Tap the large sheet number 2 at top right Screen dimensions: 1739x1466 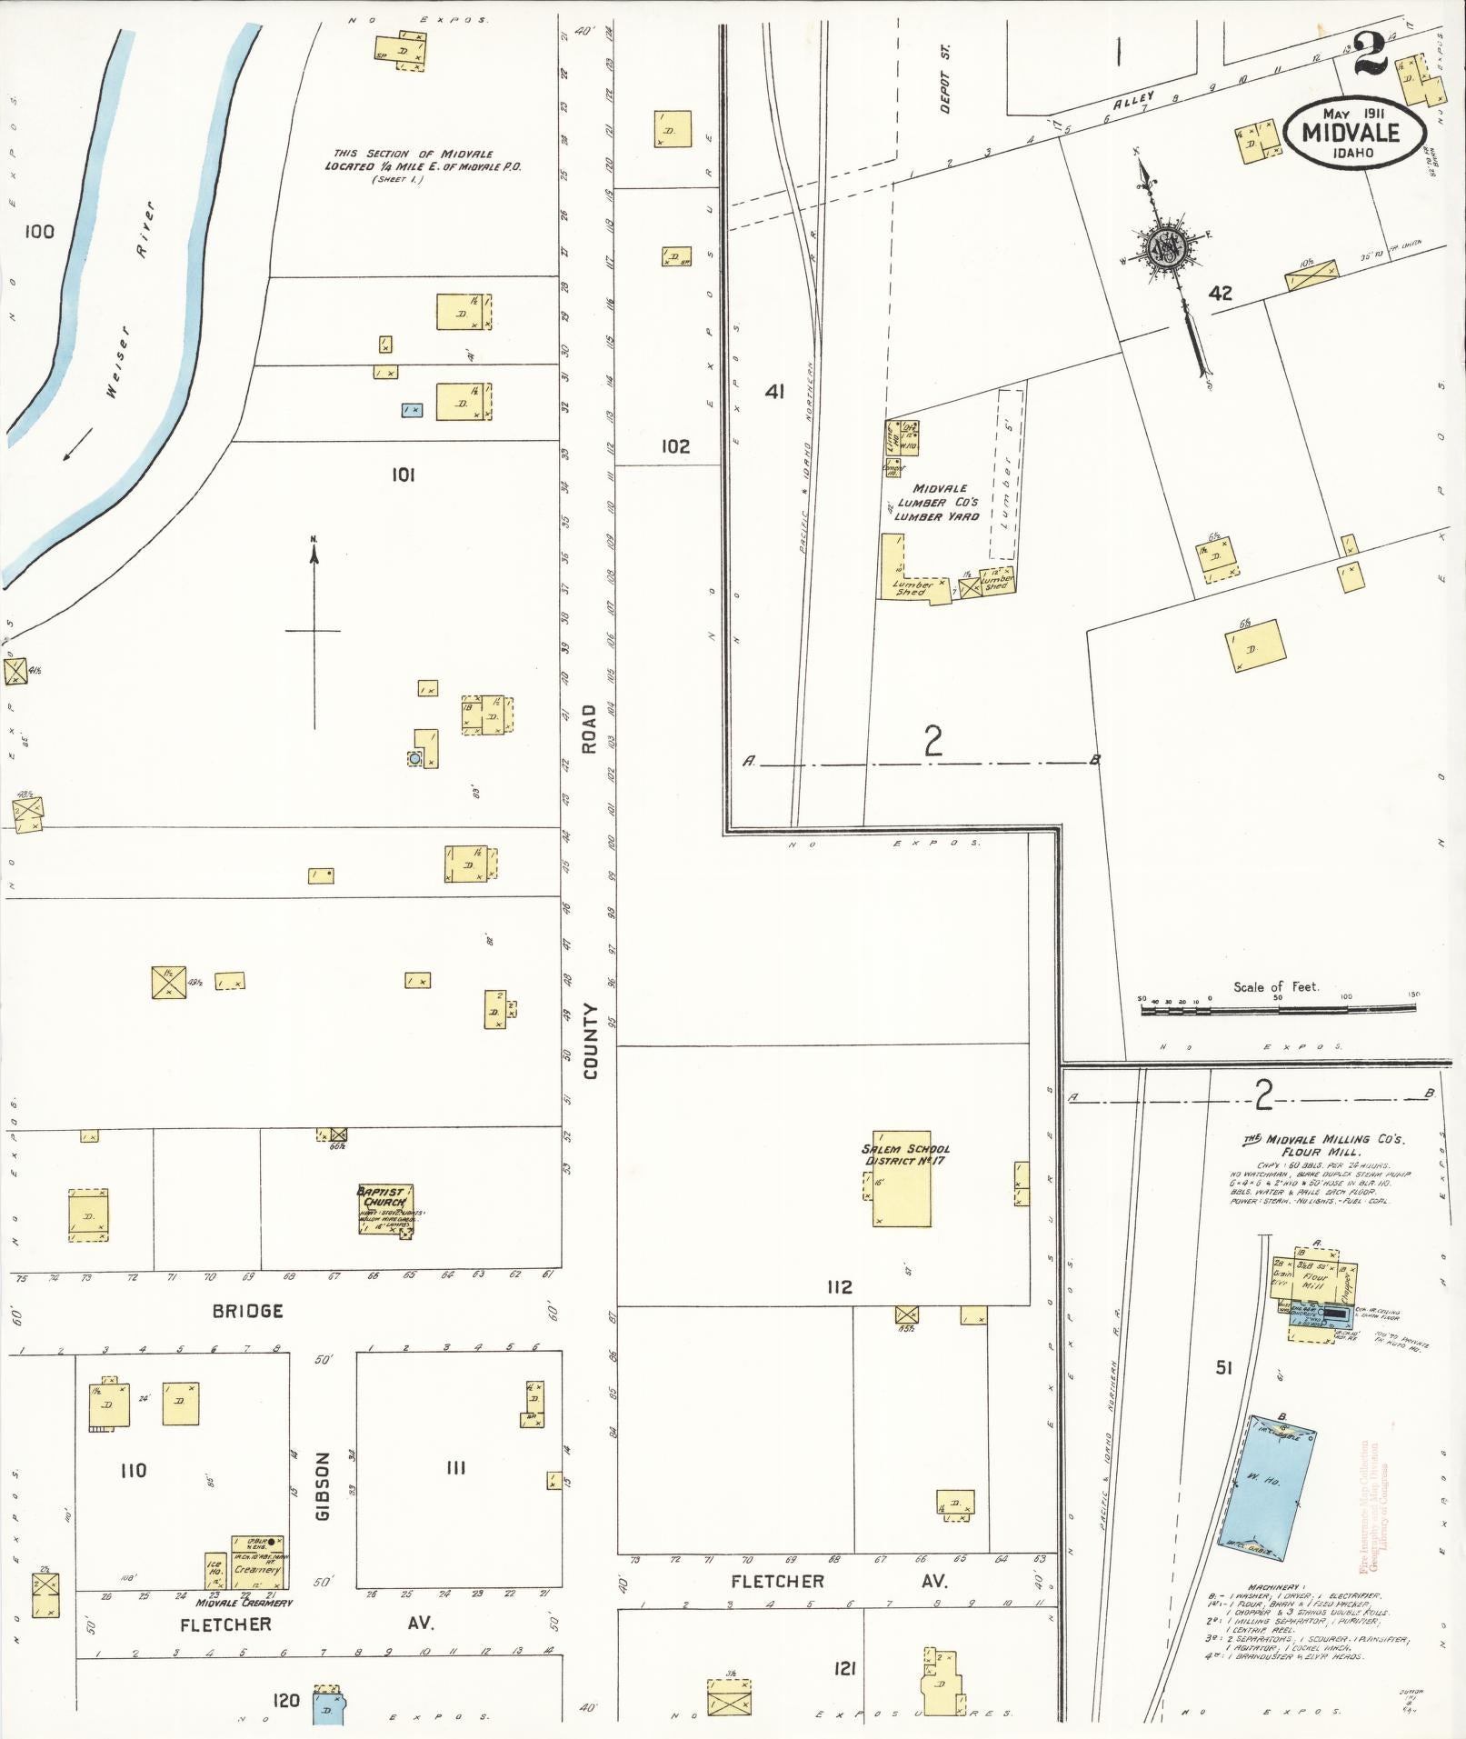click(1369, 55)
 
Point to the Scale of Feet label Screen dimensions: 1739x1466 click(1275, 986)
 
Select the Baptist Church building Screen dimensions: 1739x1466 click(385, 1209)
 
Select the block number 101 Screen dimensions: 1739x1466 click(403, 474)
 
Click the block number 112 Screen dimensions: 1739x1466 click(839, 1286)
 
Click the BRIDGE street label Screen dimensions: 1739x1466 click(247, 1311)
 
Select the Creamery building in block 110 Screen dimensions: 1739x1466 click(256, 1562)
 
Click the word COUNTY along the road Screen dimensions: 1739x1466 click(590, 1042)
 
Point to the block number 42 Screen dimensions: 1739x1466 click(1220, 293)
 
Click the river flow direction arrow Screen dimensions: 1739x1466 click(80, 443)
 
